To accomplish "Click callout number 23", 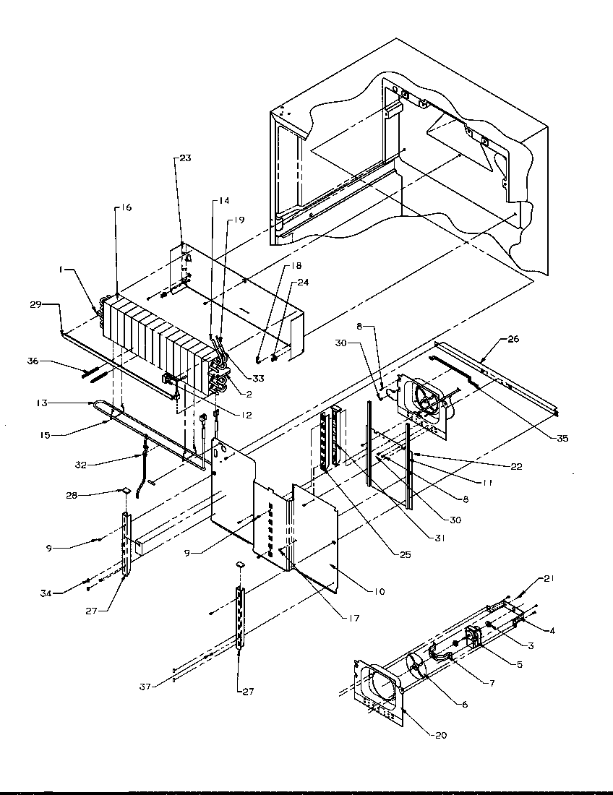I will pos(185,159).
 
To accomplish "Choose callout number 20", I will pos(441,736).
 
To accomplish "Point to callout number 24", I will pos(302,283).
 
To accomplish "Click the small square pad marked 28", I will pos(126,490).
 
